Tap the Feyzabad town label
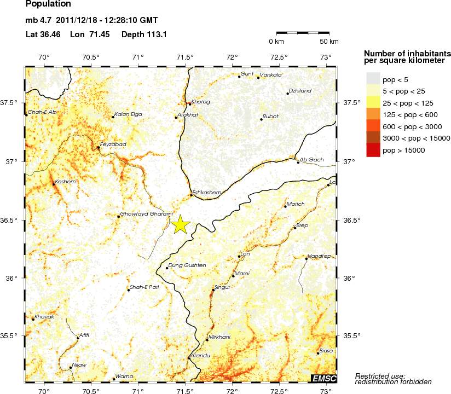[x=113, y=143]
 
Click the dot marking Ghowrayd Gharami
[x=118, y=217]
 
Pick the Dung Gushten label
[x=187, y=265]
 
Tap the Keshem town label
[x=65, y=181]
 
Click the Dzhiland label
[x=300, y=91]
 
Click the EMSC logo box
[x=323, y=378]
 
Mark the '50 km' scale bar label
[x=329, y=42]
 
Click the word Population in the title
[x=48, y=4]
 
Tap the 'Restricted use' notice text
[x=380, y=375]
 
